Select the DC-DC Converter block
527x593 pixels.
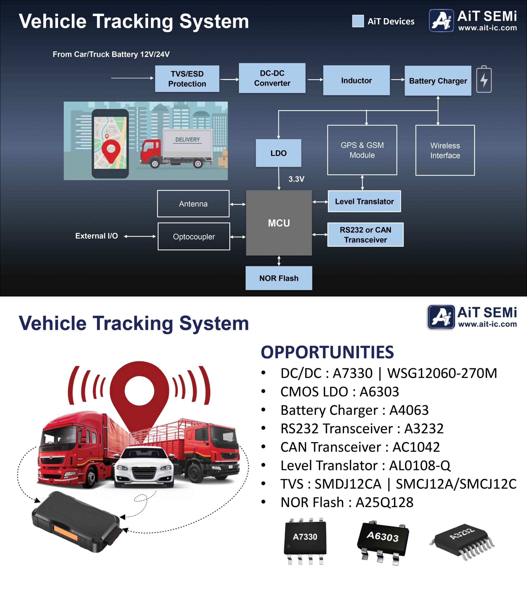272,78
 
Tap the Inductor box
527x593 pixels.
356,80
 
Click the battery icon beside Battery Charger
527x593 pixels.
484,79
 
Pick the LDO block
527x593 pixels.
279,153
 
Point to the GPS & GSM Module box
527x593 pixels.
362,150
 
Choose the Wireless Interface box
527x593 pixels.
445,150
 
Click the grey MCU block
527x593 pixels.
279,223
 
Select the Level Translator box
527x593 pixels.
364,201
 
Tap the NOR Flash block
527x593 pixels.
279,278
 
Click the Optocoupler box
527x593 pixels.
194,237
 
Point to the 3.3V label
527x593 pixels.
296,179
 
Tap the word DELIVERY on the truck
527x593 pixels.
187,139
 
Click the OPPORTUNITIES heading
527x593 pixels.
327,352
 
